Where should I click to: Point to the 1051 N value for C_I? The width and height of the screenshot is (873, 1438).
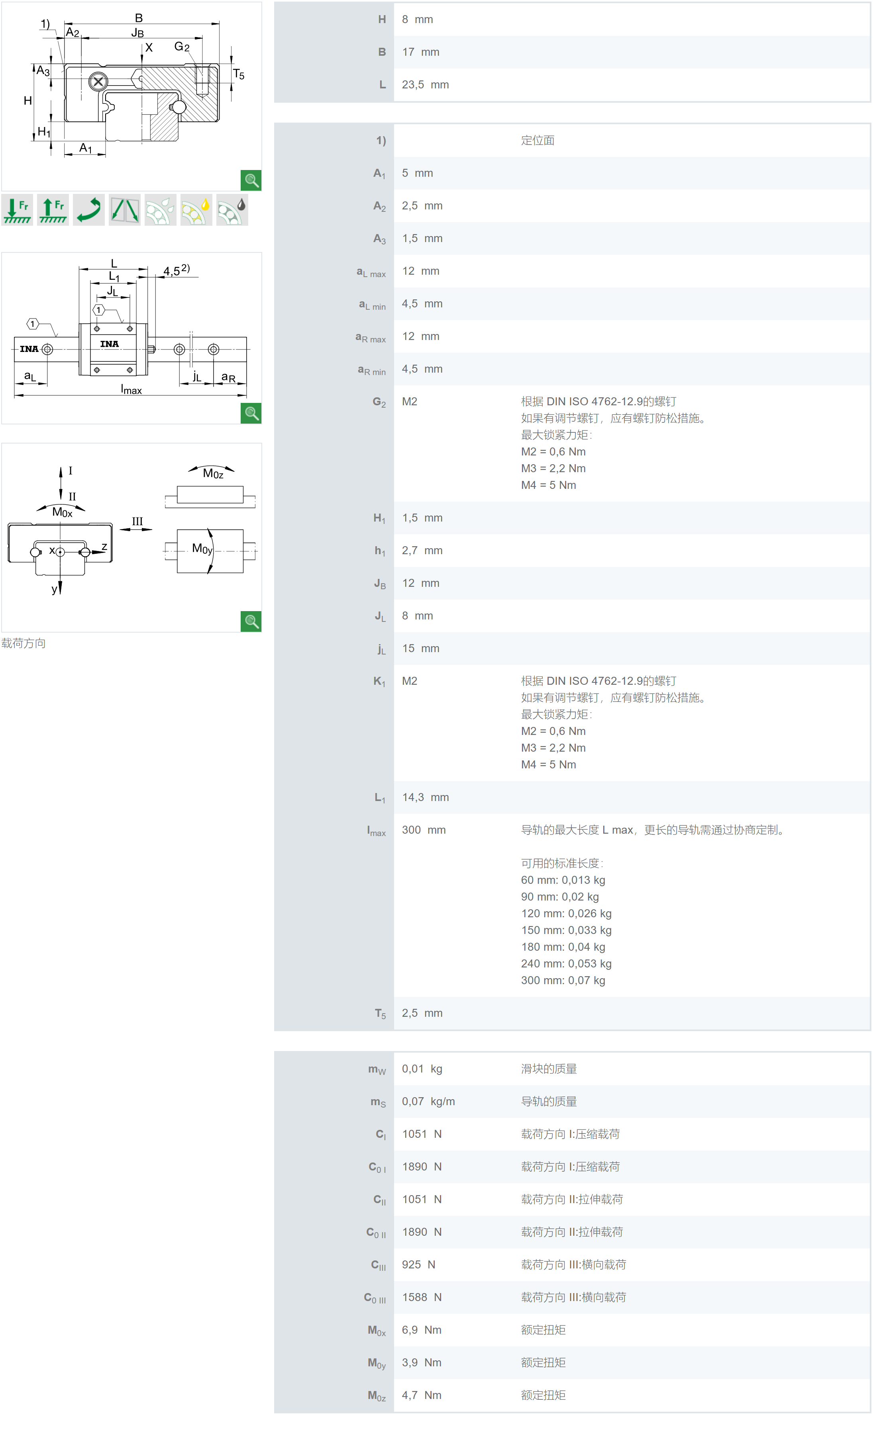421,1134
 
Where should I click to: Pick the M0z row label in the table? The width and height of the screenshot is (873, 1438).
376,1395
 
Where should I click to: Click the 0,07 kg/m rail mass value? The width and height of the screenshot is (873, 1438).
428,1101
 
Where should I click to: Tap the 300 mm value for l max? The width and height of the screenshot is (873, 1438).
424,830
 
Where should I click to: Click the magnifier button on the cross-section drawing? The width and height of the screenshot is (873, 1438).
251,180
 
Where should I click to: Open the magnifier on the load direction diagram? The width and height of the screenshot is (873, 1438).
251,621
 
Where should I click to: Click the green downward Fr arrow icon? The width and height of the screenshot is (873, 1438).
18,210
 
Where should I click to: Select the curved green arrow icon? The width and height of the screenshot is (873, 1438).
89,210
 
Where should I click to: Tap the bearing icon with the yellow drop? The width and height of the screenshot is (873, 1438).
196,210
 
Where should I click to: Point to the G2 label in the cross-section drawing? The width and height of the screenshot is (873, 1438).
182,46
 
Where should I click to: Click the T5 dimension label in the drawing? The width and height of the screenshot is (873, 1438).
238,74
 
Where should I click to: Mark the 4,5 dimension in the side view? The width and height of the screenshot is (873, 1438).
175,271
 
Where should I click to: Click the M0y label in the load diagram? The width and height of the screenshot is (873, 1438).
202,549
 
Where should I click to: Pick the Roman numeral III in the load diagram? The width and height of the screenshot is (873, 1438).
137,521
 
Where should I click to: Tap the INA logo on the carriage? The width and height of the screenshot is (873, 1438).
109,344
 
